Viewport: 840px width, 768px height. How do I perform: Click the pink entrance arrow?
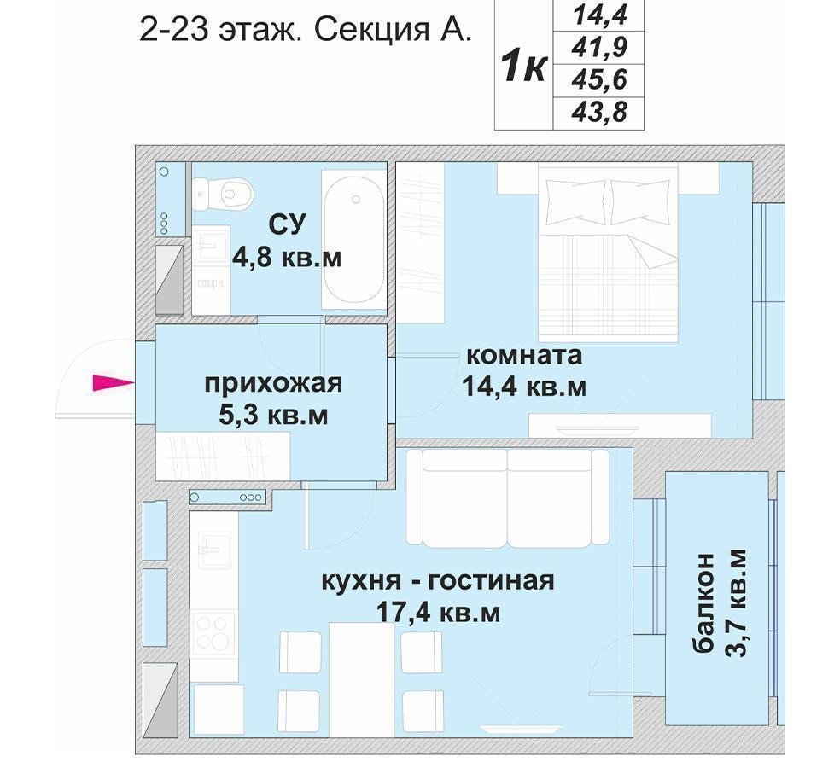pos(113,383)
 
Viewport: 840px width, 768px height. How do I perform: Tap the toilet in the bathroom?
pos(224,194)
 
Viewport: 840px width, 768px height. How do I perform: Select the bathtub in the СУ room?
pos(354,240)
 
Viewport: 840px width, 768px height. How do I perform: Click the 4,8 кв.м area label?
pos(287,259)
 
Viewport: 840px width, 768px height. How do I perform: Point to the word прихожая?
pos(273,384)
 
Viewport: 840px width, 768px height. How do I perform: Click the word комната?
pos(524,355)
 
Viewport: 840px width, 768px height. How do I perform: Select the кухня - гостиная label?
pos(438,580)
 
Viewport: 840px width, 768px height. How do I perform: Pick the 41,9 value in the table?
pos(599,48)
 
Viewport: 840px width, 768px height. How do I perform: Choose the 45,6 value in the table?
pos(599,80)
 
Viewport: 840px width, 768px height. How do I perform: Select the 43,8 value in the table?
pos(599,113)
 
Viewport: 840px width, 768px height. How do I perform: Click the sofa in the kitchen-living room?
pos(507,498)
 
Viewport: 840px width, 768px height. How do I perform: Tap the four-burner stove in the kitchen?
pos(213,632)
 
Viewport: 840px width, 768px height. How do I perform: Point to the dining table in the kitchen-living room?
pos(362,679)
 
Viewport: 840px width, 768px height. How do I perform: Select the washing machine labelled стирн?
pos(211,270)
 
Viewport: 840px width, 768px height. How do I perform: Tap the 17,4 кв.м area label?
pos(438,612)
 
